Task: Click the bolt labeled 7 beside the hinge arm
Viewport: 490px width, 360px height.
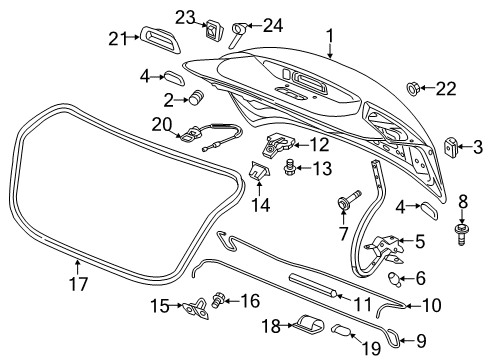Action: pyautogui.click(x=345, y=203)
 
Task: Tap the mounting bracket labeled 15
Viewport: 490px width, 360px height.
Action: pyautogui.click(x=194, y=308)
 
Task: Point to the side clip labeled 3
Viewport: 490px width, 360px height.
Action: pyautogui.click(x=451, y=147)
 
